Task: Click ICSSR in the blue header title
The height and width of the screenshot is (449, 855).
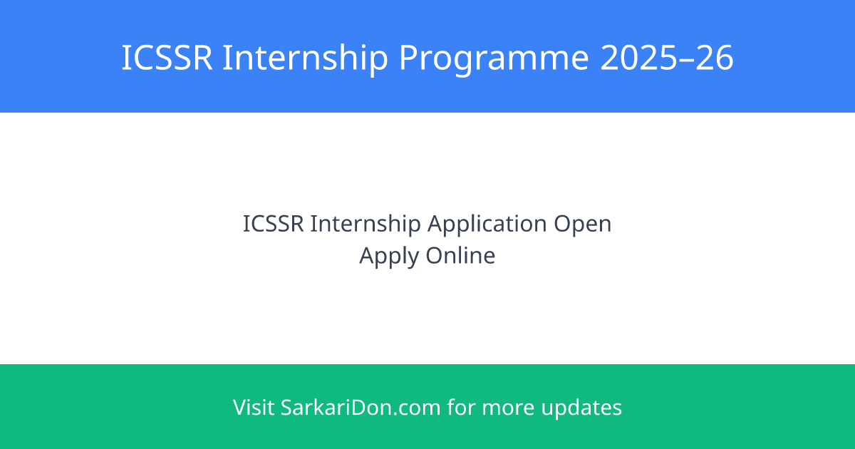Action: tap(167, 57)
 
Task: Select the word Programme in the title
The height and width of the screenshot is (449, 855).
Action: tap(494, 61)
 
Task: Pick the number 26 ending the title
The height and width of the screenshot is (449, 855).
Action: tap(714, 57)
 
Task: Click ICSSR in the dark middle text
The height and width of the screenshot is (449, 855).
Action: tap(274, 223)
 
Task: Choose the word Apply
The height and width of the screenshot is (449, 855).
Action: tap(389, 257)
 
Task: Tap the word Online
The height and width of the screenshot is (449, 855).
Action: tap(460, 255)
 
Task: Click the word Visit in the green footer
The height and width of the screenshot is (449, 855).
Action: tap(254, 407)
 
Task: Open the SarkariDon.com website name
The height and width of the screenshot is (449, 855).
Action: tap(361, 407)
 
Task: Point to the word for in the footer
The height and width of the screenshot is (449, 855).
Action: tap(462, 407)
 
